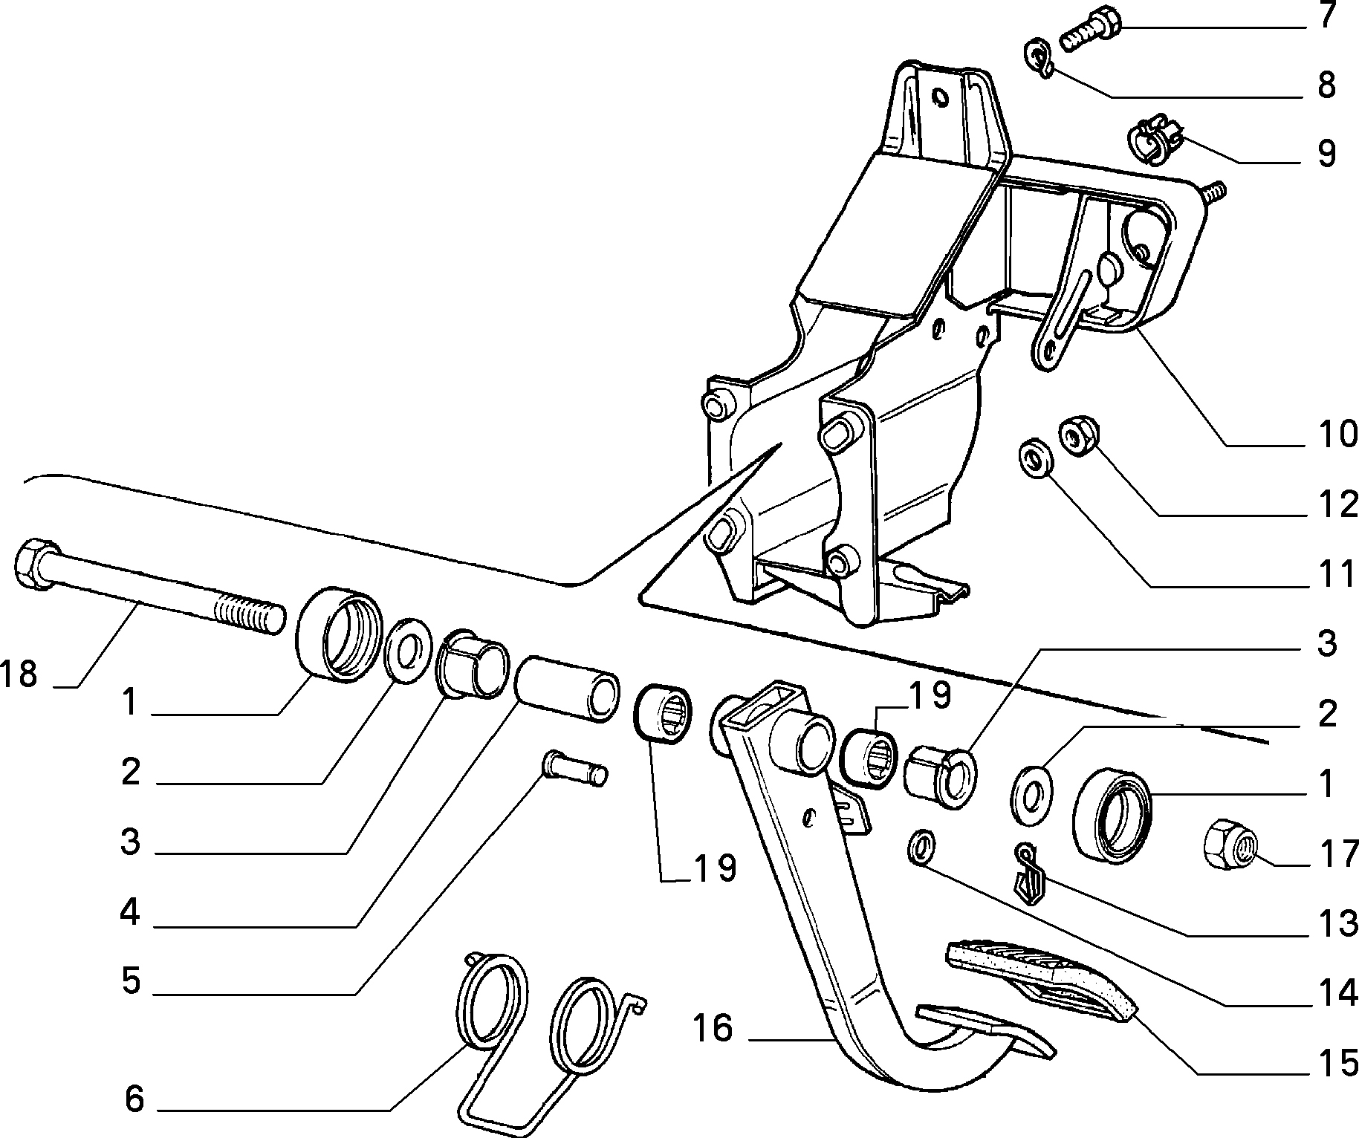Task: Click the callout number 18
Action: point(18,674)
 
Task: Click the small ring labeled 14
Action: point(921,848)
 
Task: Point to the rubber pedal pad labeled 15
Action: point(1040,979)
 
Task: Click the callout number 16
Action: point(713,1030)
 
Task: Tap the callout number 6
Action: point(134,1100)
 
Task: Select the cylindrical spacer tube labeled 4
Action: point(567,687)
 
